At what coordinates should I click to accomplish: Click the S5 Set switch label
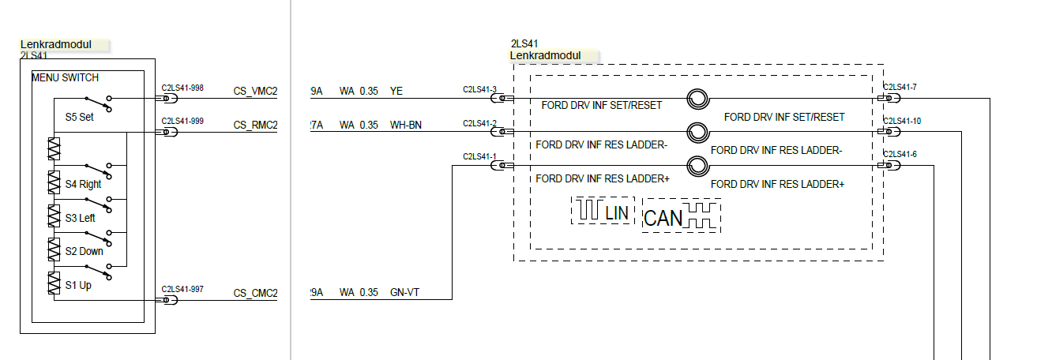tap(79, 118)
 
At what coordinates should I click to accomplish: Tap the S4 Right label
tap(83, 184)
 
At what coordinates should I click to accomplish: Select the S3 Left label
tap(80, 218)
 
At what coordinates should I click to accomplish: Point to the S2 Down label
tap(84, 251)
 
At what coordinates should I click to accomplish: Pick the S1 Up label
tap(77, 285)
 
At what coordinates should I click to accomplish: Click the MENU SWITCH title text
tap(65, 77)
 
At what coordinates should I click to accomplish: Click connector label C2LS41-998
tap(182, 88)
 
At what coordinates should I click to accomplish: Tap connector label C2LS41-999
tap(182, 121)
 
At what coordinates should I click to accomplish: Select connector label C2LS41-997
tap(182, 290)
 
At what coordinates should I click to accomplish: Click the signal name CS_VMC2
tap(255, 92)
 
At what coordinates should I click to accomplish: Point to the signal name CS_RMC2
tap(255, 125)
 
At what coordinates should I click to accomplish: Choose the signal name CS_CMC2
tap(255, 294)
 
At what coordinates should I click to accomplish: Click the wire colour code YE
tap(396, 92)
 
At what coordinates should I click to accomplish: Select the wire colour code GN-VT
tap(405, 294)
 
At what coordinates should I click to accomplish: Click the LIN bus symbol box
tap(603, 211)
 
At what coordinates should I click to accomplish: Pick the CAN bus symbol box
tap(682, 216)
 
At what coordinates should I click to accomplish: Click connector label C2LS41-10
tap(902, 121)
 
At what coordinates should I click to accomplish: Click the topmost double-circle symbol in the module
tap(697, 99)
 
